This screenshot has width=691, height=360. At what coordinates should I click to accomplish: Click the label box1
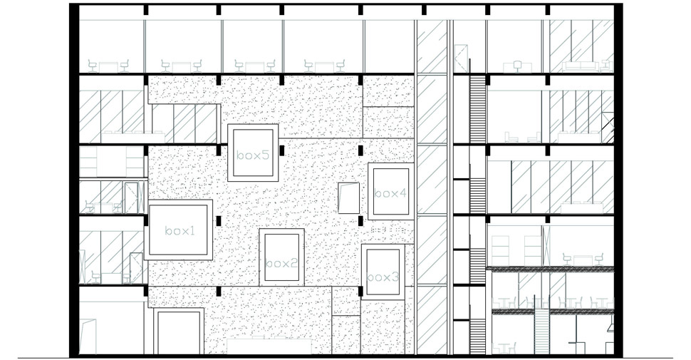click(180, 231)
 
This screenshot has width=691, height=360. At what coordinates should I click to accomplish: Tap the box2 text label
click(282, 263)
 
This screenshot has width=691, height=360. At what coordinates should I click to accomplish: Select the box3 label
click(383, 277)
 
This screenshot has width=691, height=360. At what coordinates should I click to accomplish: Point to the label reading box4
click(390, 193)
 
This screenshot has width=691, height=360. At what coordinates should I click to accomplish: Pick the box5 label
click(253, 155)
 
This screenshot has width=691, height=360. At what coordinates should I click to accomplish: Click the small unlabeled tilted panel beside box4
click(348, 197)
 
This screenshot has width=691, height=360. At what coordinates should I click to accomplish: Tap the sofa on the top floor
click(580, 66)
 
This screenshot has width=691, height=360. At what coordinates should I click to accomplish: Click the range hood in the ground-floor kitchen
click(611, 324)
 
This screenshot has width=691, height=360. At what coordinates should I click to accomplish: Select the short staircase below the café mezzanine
click(541, 331)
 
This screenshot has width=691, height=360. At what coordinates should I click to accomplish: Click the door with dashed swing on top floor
click(461, 58)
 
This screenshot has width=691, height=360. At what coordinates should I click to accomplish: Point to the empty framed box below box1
click(179, 331)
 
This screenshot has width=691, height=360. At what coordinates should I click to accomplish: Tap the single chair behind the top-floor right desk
click(517, 66)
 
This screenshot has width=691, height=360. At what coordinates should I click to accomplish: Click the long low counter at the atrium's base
click(269, 346)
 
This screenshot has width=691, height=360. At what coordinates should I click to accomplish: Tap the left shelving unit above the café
click(499, 251)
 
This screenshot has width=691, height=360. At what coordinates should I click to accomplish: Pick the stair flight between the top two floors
click(478, 108)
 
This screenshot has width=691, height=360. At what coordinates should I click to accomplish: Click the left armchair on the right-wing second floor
click(511, 137)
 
